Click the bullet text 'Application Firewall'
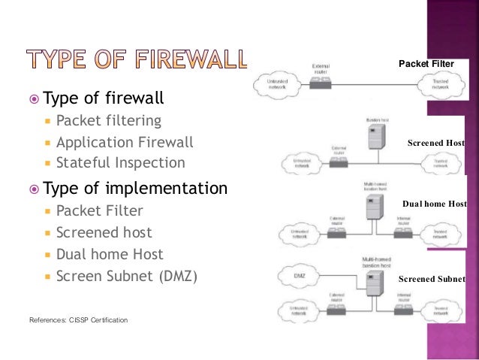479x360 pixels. click(x=125, y=142)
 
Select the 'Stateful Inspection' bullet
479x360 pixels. click(x=120, y=162)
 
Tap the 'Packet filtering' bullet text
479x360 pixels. click(x=108, y=121)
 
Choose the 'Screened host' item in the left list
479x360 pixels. click(x=104, y=232)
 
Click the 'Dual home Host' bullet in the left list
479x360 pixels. click(x=110, y=254)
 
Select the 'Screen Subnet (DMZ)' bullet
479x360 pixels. click(x=127, y=276)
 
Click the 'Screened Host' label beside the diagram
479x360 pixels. click(x=435, y=143)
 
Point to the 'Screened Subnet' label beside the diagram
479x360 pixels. click(x=432, y=279)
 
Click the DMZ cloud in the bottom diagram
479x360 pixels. click(x=297, y=277)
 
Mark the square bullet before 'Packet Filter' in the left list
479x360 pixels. click(x=48, y=211)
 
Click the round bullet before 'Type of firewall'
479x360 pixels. click(x=32, y=99)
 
